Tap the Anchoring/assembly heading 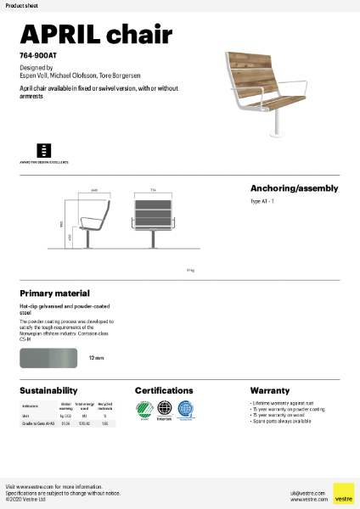point(294,188)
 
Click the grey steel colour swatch point(49,358)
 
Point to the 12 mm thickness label point(96,359)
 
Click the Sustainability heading point(49,391)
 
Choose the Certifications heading point(170,391)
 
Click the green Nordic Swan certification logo point(143,410)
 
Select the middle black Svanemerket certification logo point(165,410)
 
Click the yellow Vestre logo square point(343,493)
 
